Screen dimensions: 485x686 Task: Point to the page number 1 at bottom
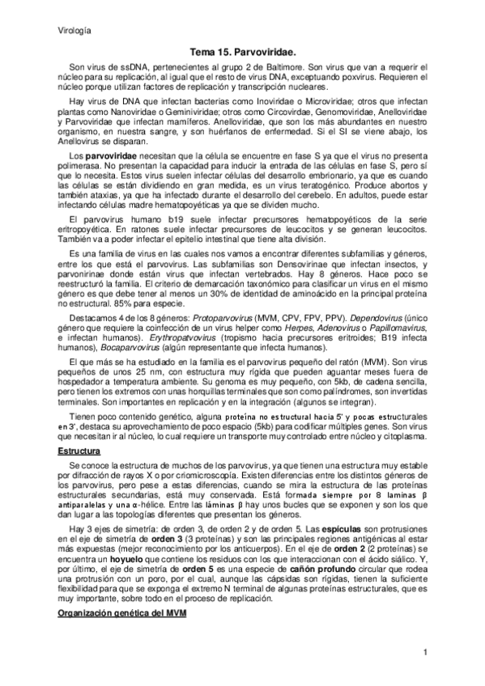[x=425, y=652]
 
